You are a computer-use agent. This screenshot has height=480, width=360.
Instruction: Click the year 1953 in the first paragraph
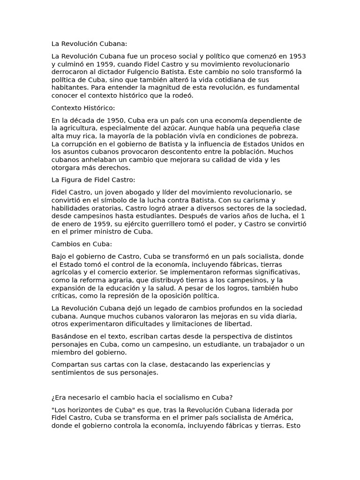[297, 56]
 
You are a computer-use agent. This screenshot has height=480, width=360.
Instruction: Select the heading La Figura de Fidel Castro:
[93, 180]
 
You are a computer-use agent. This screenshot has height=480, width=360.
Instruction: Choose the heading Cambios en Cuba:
[82, 244]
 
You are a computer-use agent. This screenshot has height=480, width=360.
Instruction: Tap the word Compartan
[69, 364]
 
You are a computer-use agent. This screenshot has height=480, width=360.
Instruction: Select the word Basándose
[69, 336]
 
